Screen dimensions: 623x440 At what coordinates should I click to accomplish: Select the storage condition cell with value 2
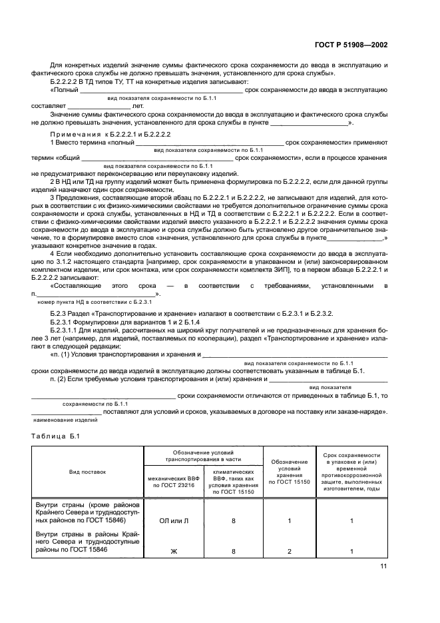(290, 552)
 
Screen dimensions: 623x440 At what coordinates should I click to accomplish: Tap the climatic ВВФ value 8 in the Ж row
(233, 552)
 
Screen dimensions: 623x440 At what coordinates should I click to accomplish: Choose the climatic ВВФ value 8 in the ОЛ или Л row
(233, 522)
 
